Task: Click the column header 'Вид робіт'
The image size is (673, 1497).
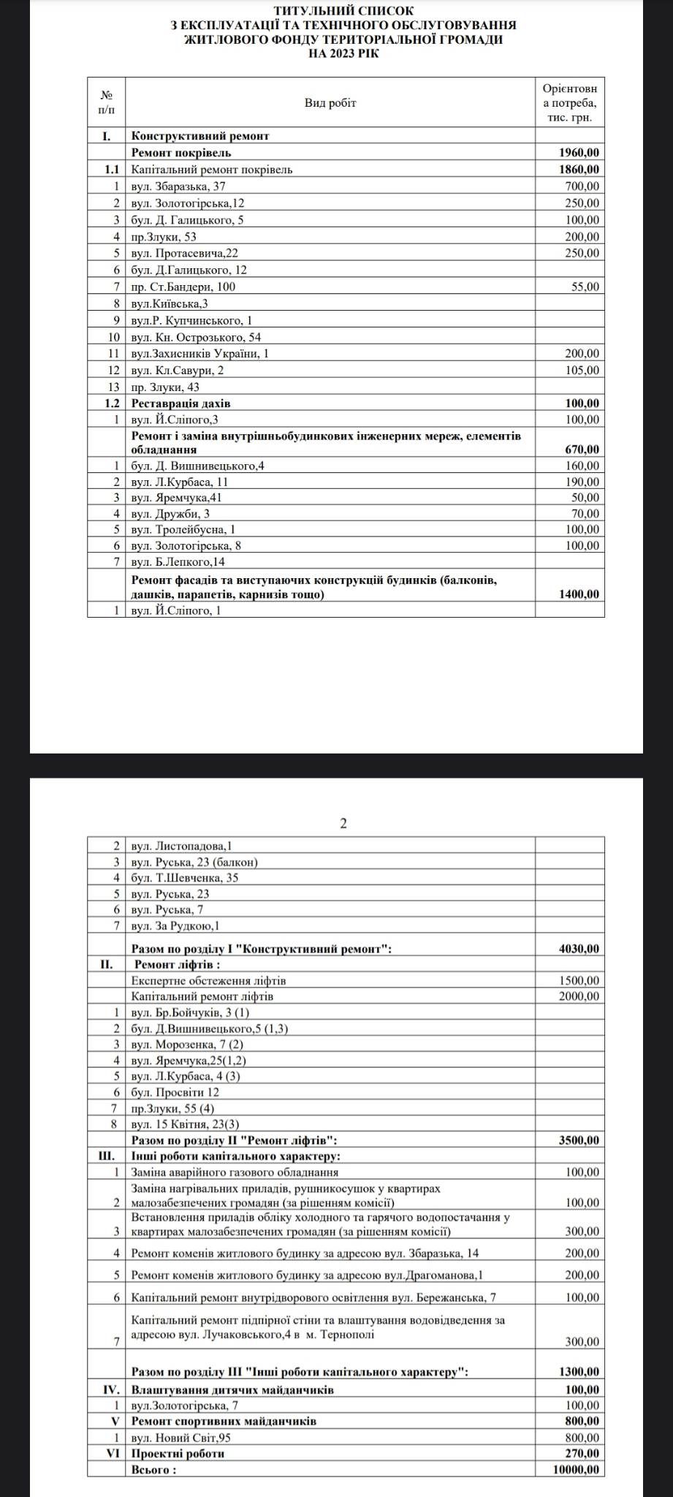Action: point(330,103)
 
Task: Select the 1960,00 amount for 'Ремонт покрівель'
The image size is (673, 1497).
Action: point(579,153)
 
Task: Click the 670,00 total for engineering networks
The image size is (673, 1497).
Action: point(582,450)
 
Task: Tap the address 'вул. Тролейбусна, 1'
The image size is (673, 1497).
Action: point(183,529)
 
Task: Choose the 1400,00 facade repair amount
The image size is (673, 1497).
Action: point(579,594)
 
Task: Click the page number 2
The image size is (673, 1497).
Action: point(343,823)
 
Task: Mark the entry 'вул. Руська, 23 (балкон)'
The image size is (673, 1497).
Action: point(194,862)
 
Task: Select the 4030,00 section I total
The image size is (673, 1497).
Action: point(579,949)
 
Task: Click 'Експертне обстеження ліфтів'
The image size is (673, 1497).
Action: point(208,980)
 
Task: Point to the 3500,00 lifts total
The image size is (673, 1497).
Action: point(579,1140)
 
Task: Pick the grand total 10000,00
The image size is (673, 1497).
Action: point(576,1470)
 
